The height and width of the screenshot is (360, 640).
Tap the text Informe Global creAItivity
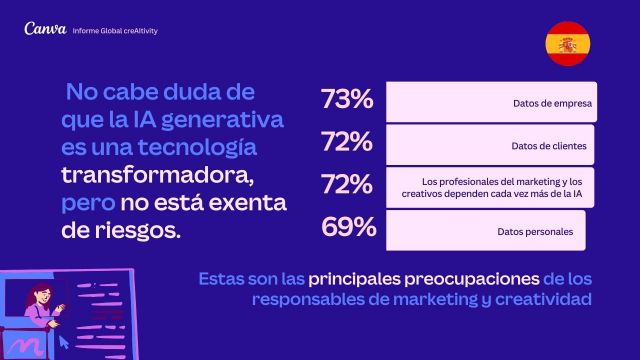tap(116, 31)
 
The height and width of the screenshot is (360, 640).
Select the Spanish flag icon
tap(567, 44)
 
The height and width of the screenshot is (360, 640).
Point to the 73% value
tap(347, 101)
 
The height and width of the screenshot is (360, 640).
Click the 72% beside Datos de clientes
tap(347, 143)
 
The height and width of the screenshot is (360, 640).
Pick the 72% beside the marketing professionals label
tap(347, 186)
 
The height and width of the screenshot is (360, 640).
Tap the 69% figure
tap(348, 228)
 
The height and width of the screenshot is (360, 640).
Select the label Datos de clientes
tap(549, 146)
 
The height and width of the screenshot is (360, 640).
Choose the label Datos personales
tap(535, 232)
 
